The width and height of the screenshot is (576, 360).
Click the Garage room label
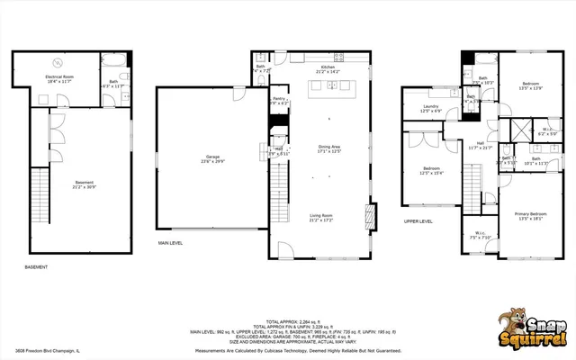click(212, 159)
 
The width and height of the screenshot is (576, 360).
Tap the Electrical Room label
click(59, 77)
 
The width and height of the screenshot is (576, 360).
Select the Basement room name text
click(85, 183)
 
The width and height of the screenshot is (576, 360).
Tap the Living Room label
click(322, 215)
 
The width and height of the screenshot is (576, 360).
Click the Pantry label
click(279, 100)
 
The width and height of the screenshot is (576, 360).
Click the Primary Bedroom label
click(529, 213)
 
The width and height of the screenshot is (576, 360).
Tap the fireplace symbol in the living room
click(367, 217)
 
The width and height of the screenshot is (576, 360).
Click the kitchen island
click(329, 86)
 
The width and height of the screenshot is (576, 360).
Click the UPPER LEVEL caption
click(418, 220)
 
